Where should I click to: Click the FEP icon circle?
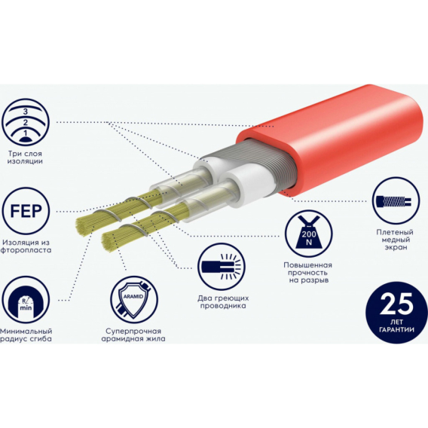pyautogui.click(x=26, y=211)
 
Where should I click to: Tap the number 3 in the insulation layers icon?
pyautogui.click(x=26, y=112)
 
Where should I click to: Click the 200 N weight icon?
pyautogui.click(x=309, y=234)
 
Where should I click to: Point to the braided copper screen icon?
pyautogui.click(x=396, y=200)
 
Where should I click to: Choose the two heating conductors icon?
pyautogui.click(x=222, y=267)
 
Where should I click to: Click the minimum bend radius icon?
pyautogui.click(x=26, y=300)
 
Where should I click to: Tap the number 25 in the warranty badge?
pyautogui.click(x=396, y=304)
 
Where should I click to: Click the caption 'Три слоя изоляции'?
pyautogui.click(x=25, y=157)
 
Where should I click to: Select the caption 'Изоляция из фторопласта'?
pyautogui.click(x=26, y=246)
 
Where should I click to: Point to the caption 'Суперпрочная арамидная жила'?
pyautogui.click(x=133, y=335)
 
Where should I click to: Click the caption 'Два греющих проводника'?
pyautogui.click(x=223, y=301)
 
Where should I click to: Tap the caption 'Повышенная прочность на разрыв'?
pyautogui.click(x=308, y=273)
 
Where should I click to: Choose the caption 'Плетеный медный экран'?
pyautogui.click(x=395, y=240)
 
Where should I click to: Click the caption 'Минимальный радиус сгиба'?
pyautogui.click(x=26, y=335)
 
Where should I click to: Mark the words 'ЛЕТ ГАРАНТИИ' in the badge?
pyautogui.click(x=396, y=326)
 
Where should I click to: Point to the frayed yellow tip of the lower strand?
pyautogui.click(x=108, y=242)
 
